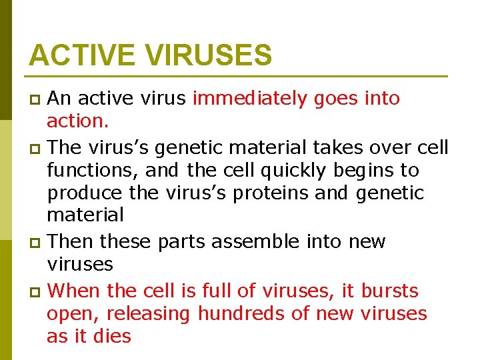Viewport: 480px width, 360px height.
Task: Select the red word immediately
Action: tap(250, 99)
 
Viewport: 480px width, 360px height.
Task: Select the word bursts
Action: tap(389, 291)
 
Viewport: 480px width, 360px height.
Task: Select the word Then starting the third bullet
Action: tap(73, 241)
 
